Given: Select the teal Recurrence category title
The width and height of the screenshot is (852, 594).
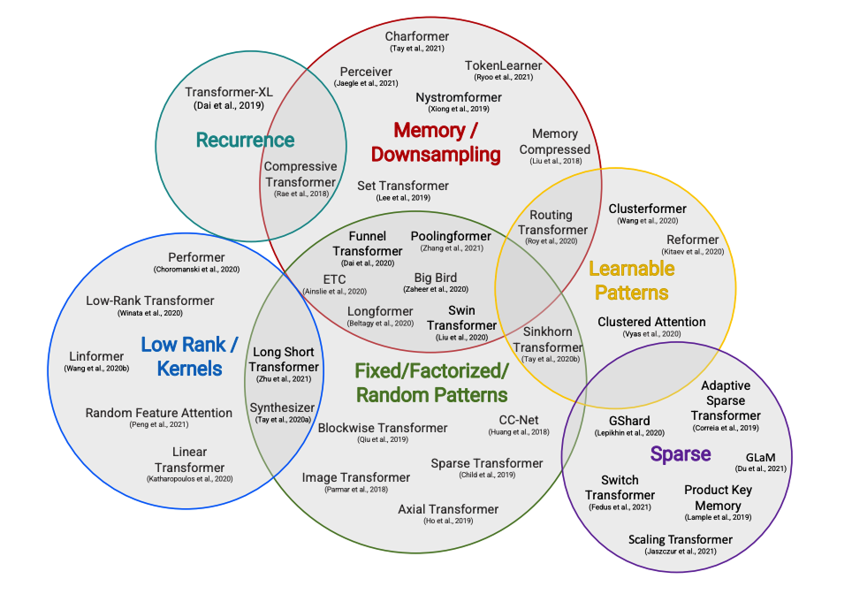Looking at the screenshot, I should coord(245,140).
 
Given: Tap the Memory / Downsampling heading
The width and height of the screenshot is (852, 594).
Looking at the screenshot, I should coord(436,142).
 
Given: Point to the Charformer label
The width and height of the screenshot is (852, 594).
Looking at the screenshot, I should coord(417,36).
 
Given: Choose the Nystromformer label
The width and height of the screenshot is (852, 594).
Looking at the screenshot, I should coord(459,97).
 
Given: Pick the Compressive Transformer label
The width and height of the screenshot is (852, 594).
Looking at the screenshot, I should coord(300,174).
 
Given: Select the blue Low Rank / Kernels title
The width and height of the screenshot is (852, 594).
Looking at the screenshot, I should coord(189,355).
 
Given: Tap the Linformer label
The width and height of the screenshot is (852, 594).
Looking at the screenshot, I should coord(96,356).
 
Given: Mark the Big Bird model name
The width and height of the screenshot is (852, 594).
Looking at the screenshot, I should coord(436,278).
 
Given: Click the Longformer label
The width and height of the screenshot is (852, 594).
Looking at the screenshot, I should coord(380,311).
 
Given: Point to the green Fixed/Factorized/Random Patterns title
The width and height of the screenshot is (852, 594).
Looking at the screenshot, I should coord(431,382).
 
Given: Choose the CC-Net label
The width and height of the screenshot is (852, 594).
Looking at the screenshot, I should coord(519,419).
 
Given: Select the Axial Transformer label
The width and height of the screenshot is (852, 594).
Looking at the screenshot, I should coord(448,509).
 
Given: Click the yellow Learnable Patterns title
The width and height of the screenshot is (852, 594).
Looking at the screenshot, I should coord(631,280).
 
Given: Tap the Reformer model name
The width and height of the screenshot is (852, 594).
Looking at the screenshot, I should coord(692,240).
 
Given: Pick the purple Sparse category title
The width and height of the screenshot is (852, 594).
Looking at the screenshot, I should coord(681,454).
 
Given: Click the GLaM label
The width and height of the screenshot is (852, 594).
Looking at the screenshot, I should coord(761,458).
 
